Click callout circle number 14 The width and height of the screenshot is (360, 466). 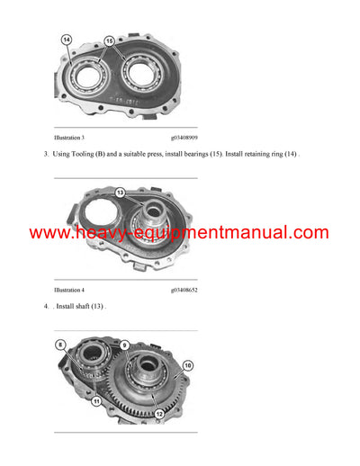tap(66, 40)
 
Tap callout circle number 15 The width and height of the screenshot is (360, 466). tap(110, 41)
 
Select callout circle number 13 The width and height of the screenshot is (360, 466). tap(121, 192)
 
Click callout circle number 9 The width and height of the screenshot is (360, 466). tap(124, 344)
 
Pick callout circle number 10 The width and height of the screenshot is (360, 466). tap(187, 365)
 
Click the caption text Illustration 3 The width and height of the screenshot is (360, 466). tap(69, 139)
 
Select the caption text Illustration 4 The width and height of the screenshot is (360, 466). tap(69, 291)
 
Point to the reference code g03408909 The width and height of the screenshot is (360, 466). tap(184, 139)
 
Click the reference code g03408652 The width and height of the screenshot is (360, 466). tap(184, 291)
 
